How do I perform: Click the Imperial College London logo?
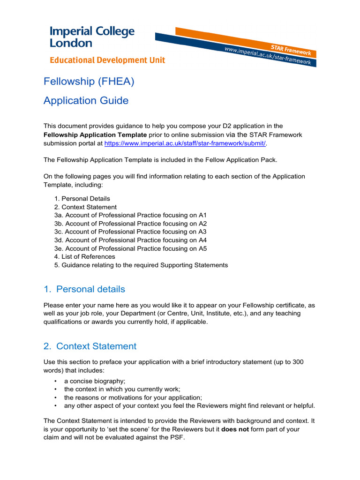pyautogui.click(x=92, y=37)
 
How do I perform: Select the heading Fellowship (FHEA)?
pyautogui.click(x=89, y=82)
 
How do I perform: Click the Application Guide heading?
pyautogui.click(x=86, y=101)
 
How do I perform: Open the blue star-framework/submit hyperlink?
pyautogui.click(x=185, y=143)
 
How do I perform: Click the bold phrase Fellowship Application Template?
pyautogui.click(x=95, y=135)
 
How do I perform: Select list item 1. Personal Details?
pyautogui.click(x=82, y=198)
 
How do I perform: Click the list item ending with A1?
pyautogui.click(x=130, y=215)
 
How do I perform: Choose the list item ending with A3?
pyautogui.click(x=130, y=232)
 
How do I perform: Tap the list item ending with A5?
pyautogui.click(x=130, y=248)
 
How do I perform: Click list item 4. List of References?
pyautogui.click(x=84, y=256)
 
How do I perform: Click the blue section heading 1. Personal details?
pyautogui.click(x=84, y=289)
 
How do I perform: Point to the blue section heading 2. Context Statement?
pyautogui.click(x=90, y=346)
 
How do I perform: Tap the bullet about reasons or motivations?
pyautogui.click(x=133, y=397)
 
